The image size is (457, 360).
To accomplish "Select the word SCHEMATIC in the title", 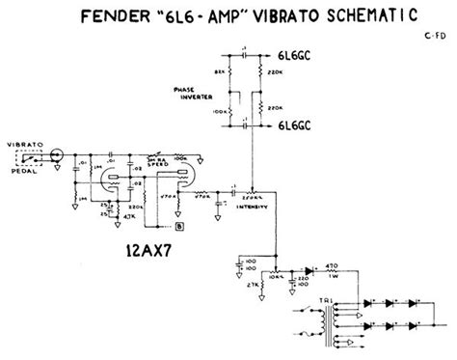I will (x=371, y=17).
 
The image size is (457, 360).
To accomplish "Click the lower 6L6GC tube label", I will (x=306, y=125).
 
